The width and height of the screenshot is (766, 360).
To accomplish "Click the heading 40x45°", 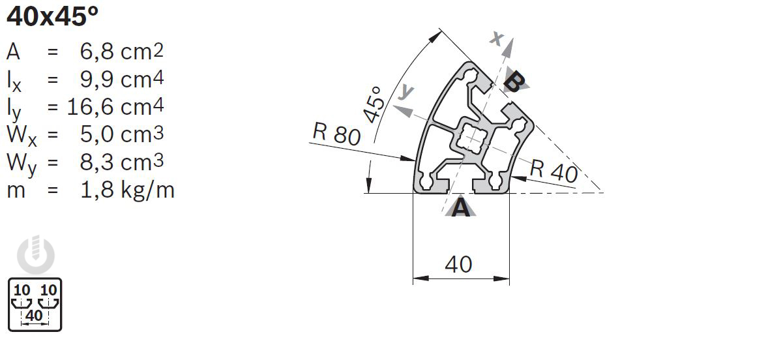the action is [52, 17].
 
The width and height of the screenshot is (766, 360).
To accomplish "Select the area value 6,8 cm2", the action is [122, 52].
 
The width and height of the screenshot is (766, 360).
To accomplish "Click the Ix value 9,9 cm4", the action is [122, 79].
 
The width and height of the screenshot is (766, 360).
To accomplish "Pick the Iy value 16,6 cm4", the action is [115, 106].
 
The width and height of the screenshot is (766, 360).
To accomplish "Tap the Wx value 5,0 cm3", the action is [122, 134].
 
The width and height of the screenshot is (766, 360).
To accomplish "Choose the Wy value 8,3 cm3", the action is [122, 162].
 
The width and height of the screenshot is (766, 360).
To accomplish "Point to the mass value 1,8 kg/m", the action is [127, 190].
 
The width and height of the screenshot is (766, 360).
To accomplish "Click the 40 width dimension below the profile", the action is [459, 264].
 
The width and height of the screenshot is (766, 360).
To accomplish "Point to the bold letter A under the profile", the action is [461, 207].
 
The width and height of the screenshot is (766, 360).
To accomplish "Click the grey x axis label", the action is [497, 38].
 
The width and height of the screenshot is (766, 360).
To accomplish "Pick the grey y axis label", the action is [405, 91].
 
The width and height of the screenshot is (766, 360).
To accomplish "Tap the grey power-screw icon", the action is [36, 255].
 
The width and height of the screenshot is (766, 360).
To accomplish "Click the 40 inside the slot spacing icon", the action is [34, 316].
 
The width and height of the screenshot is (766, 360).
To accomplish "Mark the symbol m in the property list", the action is [16, 190].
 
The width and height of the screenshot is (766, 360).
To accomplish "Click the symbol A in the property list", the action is [13, 52].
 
